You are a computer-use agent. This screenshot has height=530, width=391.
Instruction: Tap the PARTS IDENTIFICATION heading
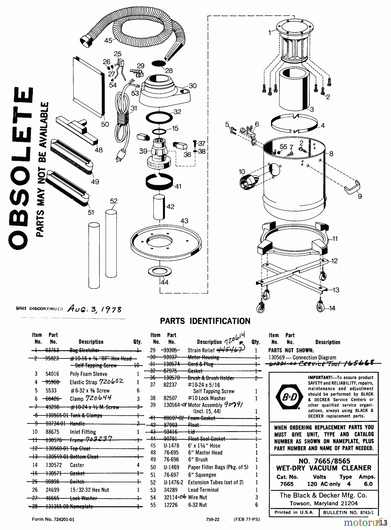(x=205, y=321)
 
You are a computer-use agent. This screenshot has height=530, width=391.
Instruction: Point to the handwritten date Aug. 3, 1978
(x=94, y=309)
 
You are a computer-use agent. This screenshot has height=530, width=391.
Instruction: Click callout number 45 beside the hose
(x=108, y=41)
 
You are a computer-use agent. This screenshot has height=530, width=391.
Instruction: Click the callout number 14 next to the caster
(x=332, y=308)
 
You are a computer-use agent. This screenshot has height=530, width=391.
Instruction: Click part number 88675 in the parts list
(x=52, y=432)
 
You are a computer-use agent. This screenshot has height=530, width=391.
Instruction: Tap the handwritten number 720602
(x=112, y=382)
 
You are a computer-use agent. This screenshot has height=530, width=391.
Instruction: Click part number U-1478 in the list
(x=171, y=446)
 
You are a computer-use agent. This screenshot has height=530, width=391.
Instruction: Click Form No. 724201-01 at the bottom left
(x=53, y=520)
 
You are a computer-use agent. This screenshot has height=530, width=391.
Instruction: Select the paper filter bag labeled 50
(x=88, y=85)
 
